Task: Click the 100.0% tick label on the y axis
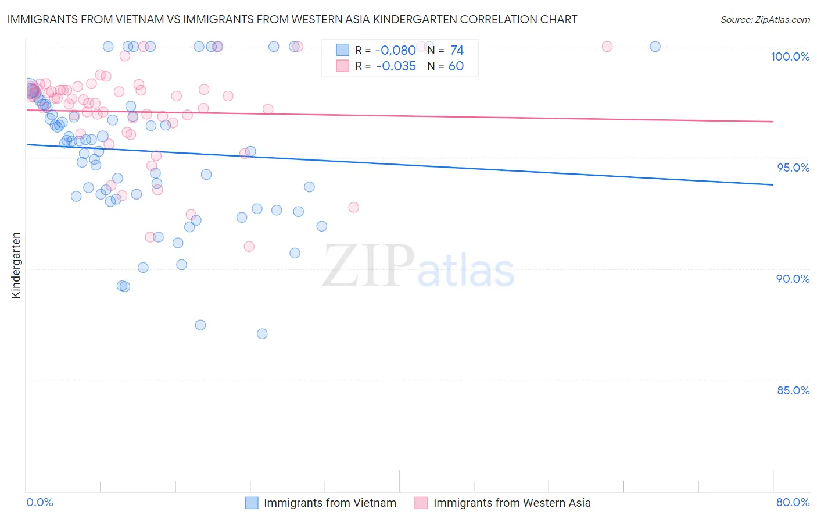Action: click(790, 56)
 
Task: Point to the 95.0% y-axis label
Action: click(793, 168)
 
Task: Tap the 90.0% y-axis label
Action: click(793, 279)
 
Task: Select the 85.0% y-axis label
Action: click(793, 390)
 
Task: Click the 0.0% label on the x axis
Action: click(40, 502)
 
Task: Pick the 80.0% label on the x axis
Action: click(793, 502)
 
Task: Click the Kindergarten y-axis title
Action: click(16, 265)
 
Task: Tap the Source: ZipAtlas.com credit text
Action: click(765, 19)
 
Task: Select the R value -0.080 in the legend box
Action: click(396, 51)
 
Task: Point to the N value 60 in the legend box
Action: click(456, 66)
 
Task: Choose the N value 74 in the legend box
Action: click(457, 51)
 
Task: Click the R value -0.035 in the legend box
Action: click(396, 66)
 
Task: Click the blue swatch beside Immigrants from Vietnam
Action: click(252, 503)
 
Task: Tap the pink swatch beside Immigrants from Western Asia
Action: click(421, 503)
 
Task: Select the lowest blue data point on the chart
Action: click(262, 333)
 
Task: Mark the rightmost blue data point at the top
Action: click(655, 47)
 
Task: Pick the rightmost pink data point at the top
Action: click(607, 47)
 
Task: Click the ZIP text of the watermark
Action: click(368, 266)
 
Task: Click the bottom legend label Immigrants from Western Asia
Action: click(512, 503)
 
